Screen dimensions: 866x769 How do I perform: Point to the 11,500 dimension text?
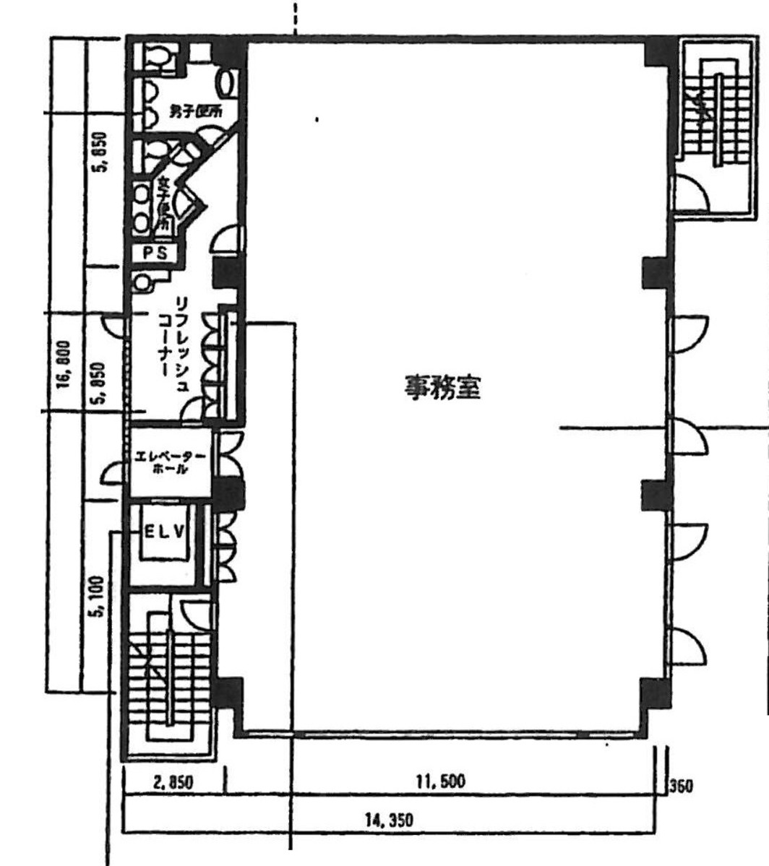439,781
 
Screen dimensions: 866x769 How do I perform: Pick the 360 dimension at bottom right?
682,786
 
